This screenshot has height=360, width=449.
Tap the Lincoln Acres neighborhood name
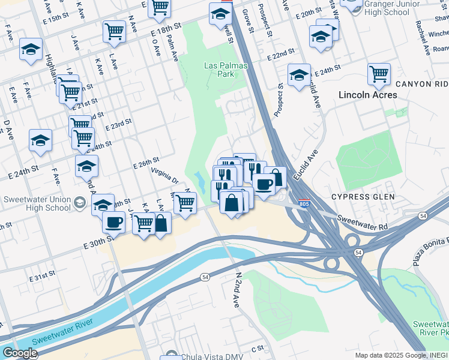(367, 95)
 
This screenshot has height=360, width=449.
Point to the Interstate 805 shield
(304, 204)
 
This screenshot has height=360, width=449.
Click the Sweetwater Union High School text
(37, 204)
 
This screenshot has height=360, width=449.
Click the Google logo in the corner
(19, 352)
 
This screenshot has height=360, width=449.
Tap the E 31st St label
(43, 279)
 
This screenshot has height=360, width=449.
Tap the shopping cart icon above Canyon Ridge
(379, 74)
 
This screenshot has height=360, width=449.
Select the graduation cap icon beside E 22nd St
(299, 74)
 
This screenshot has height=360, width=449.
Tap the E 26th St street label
(146, 161)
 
